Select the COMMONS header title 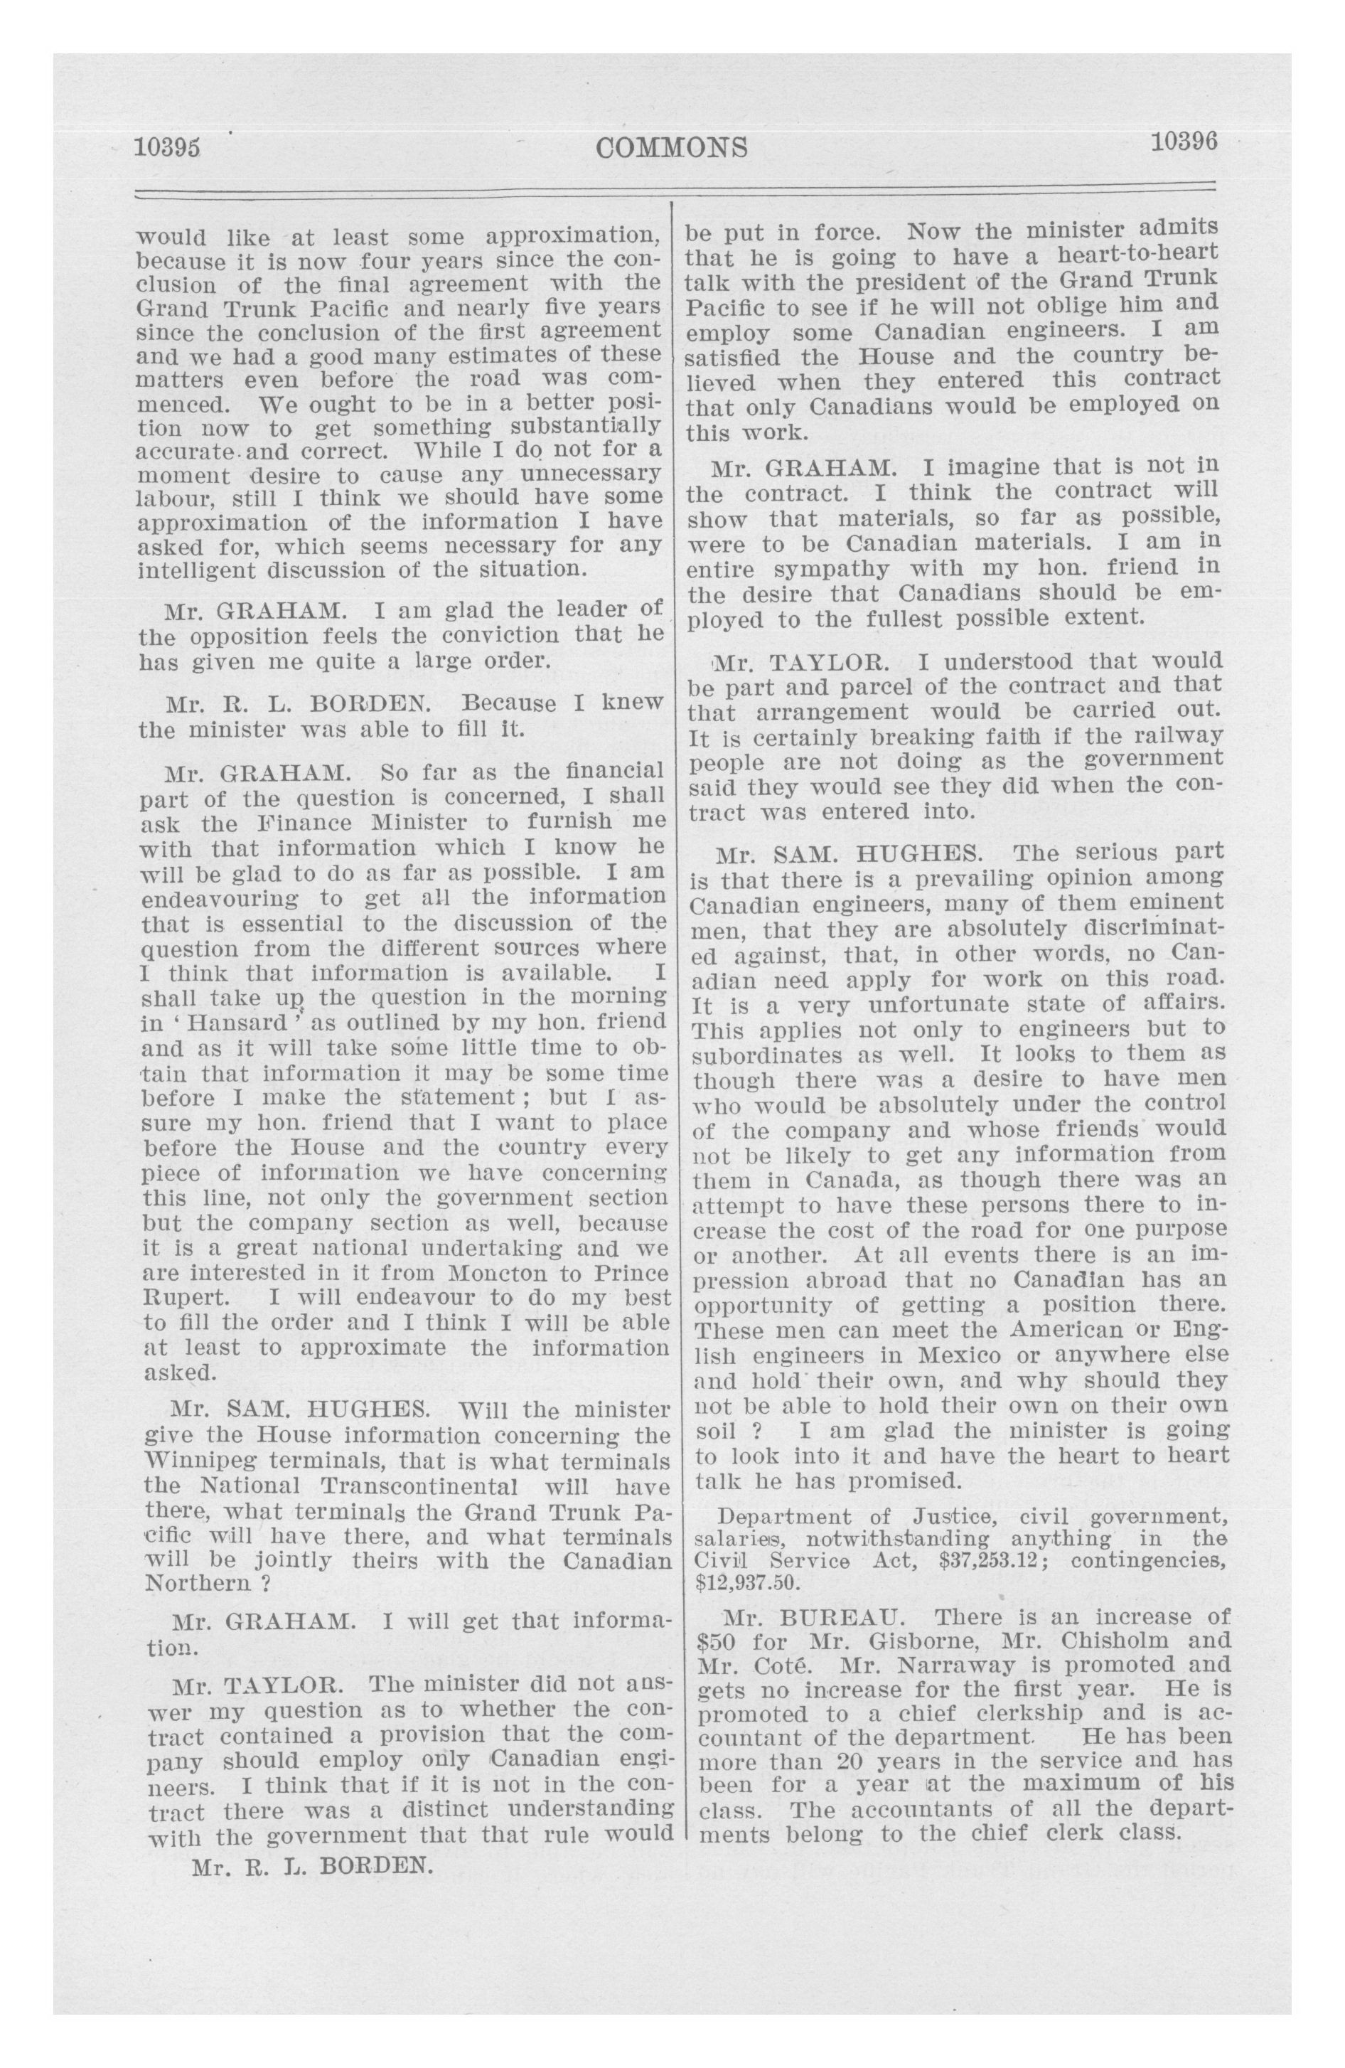pos(672,148)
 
